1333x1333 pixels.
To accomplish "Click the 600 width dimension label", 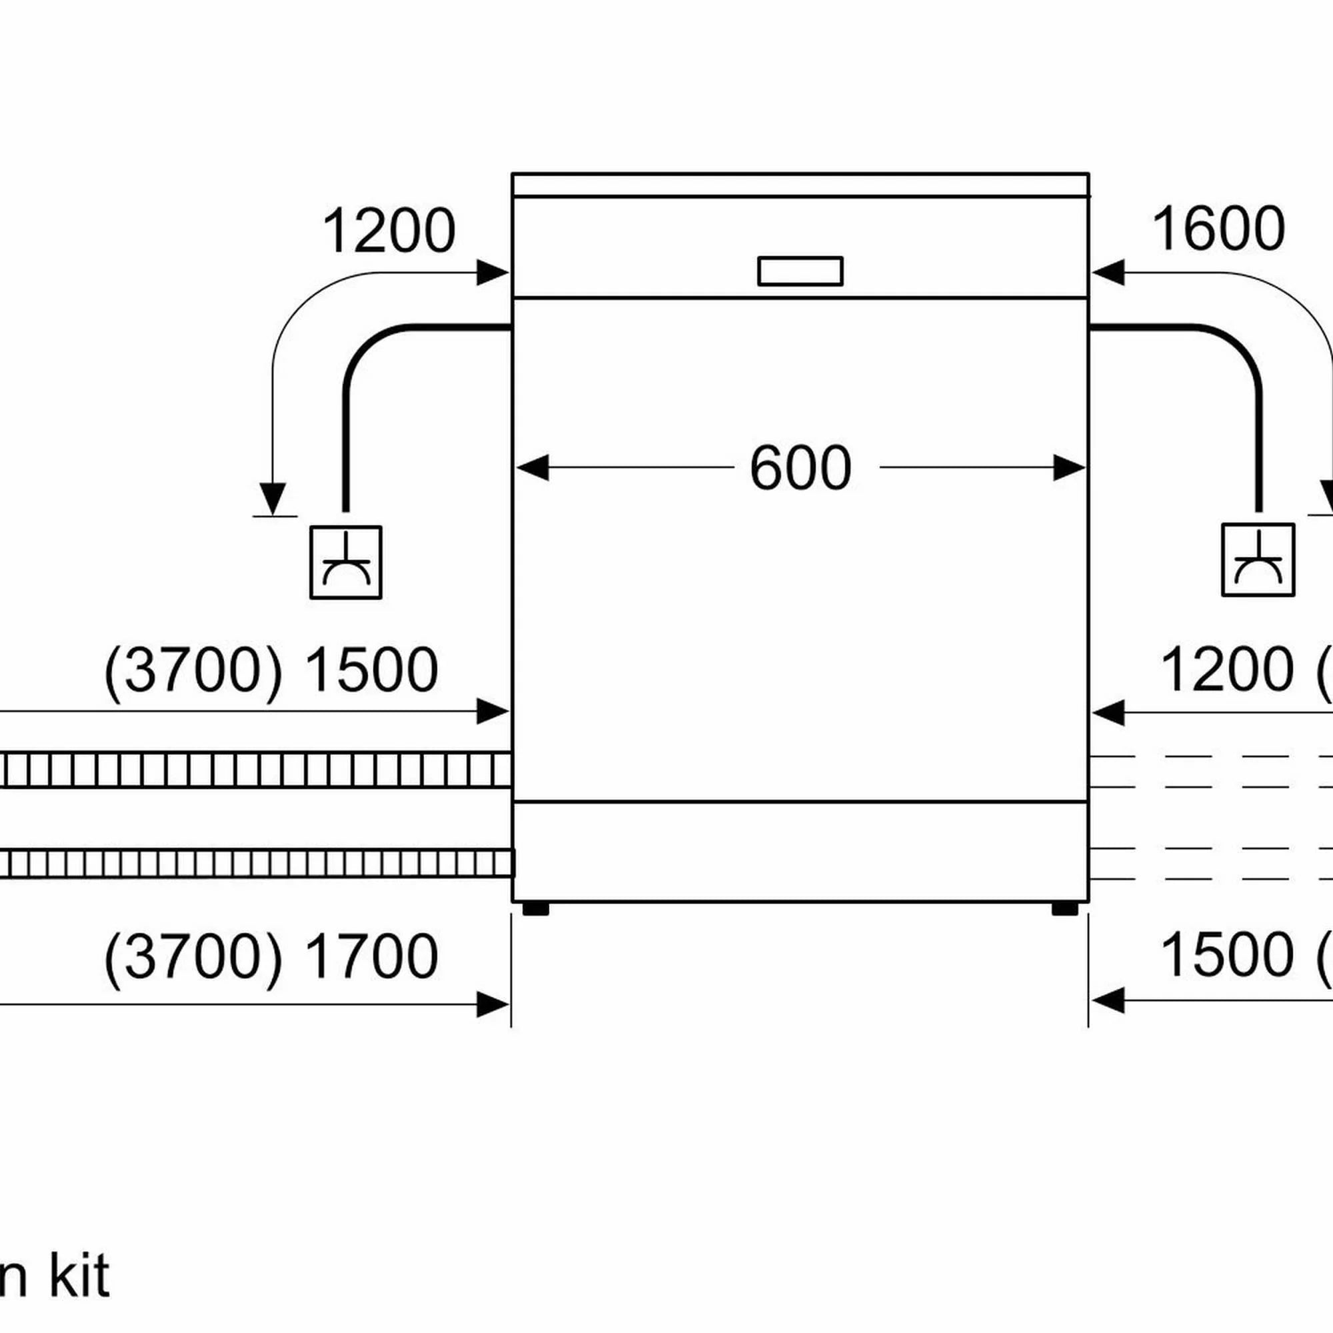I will tap(800, 469).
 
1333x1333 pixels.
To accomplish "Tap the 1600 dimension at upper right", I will tap(1218, 230).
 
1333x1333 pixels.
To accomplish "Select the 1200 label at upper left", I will tap(389, 231).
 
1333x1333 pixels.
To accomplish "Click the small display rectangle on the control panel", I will tap(800, 271).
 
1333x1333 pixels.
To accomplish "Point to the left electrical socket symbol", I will tap(346, 563).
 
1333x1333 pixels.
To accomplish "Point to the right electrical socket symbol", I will tap(1258, 560).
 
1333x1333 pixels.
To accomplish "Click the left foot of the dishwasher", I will tap(535, 908).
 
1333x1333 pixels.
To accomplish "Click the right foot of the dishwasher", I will tap(1064, 908).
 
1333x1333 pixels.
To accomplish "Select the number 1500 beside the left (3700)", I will tap(371, 670).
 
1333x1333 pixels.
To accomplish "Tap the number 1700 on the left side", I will tap(371, 956).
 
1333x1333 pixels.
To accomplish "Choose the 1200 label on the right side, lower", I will tap(1228, 670).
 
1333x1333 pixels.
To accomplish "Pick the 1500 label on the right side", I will tap(1228, 955).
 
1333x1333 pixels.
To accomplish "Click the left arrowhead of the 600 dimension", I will tap(532, 468).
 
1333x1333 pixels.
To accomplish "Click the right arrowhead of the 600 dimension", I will tap(1069, 469).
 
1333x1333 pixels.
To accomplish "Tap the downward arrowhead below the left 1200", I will tap(273, 499).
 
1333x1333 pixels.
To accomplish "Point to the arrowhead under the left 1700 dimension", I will tap(493, 1004).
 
